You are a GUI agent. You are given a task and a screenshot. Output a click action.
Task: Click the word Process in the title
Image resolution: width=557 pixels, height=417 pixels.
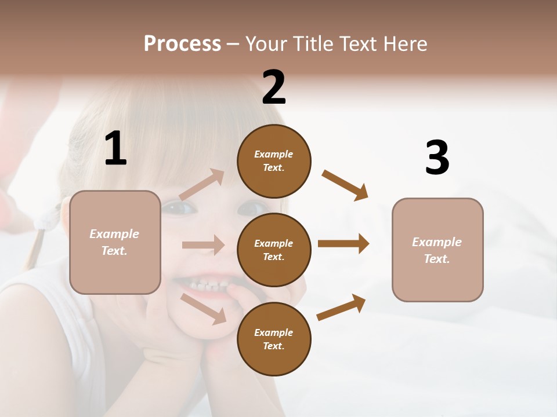(182, 44)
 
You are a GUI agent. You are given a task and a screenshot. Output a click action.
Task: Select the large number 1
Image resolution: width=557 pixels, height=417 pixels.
(115, 149)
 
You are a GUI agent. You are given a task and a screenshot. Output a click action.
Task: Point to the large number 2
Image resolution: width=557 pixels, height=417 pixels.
(274, 87)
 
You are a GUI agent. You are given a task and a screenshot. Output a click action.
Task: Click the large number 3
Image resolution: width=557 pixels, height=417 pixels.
(437, 158)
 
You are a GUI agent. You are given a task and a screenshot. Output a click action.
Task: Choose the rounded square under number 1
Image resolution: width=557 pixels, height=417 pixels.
(115, 242)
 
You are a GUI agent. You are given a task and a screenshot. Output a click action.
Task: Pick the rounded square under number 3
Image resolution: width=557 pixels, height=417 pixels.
(437, 250)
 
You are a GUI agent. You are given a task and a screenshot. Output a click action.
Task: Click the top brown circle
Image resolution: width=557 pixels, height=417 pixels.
(274, 161)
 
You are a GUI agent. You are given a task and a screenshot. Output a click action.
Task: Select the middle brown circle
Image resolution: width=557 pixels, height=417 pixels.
(274, 250)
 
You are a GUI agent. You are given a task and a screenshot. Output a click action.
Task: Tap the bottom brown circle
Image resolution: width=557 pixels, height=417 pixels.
(274, 339)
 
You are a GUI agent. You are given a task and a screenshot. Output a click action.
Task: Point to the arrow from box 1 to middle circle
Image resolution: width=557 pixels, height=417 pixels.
(203, 245)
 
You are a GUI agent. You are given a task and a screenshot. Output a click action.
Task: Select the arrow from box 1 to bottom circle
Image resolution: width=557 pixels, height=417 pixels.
(204, 308)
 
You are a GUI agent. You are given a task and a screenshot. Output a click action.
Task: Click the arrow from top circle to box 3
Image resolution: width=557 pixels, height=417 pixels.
(345, 185)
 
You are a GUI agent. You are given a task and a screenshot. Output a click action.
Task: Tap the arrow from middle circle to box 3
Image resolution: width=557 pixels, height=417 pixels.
(343, 244)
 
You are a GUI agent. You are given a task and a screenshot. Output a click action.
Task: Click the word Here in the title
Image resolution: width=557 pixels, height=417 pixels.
(405, 44)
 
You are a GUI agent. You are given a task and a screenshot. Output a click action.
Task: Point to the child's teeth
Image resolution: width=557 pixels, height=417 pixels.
(207, 286)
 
